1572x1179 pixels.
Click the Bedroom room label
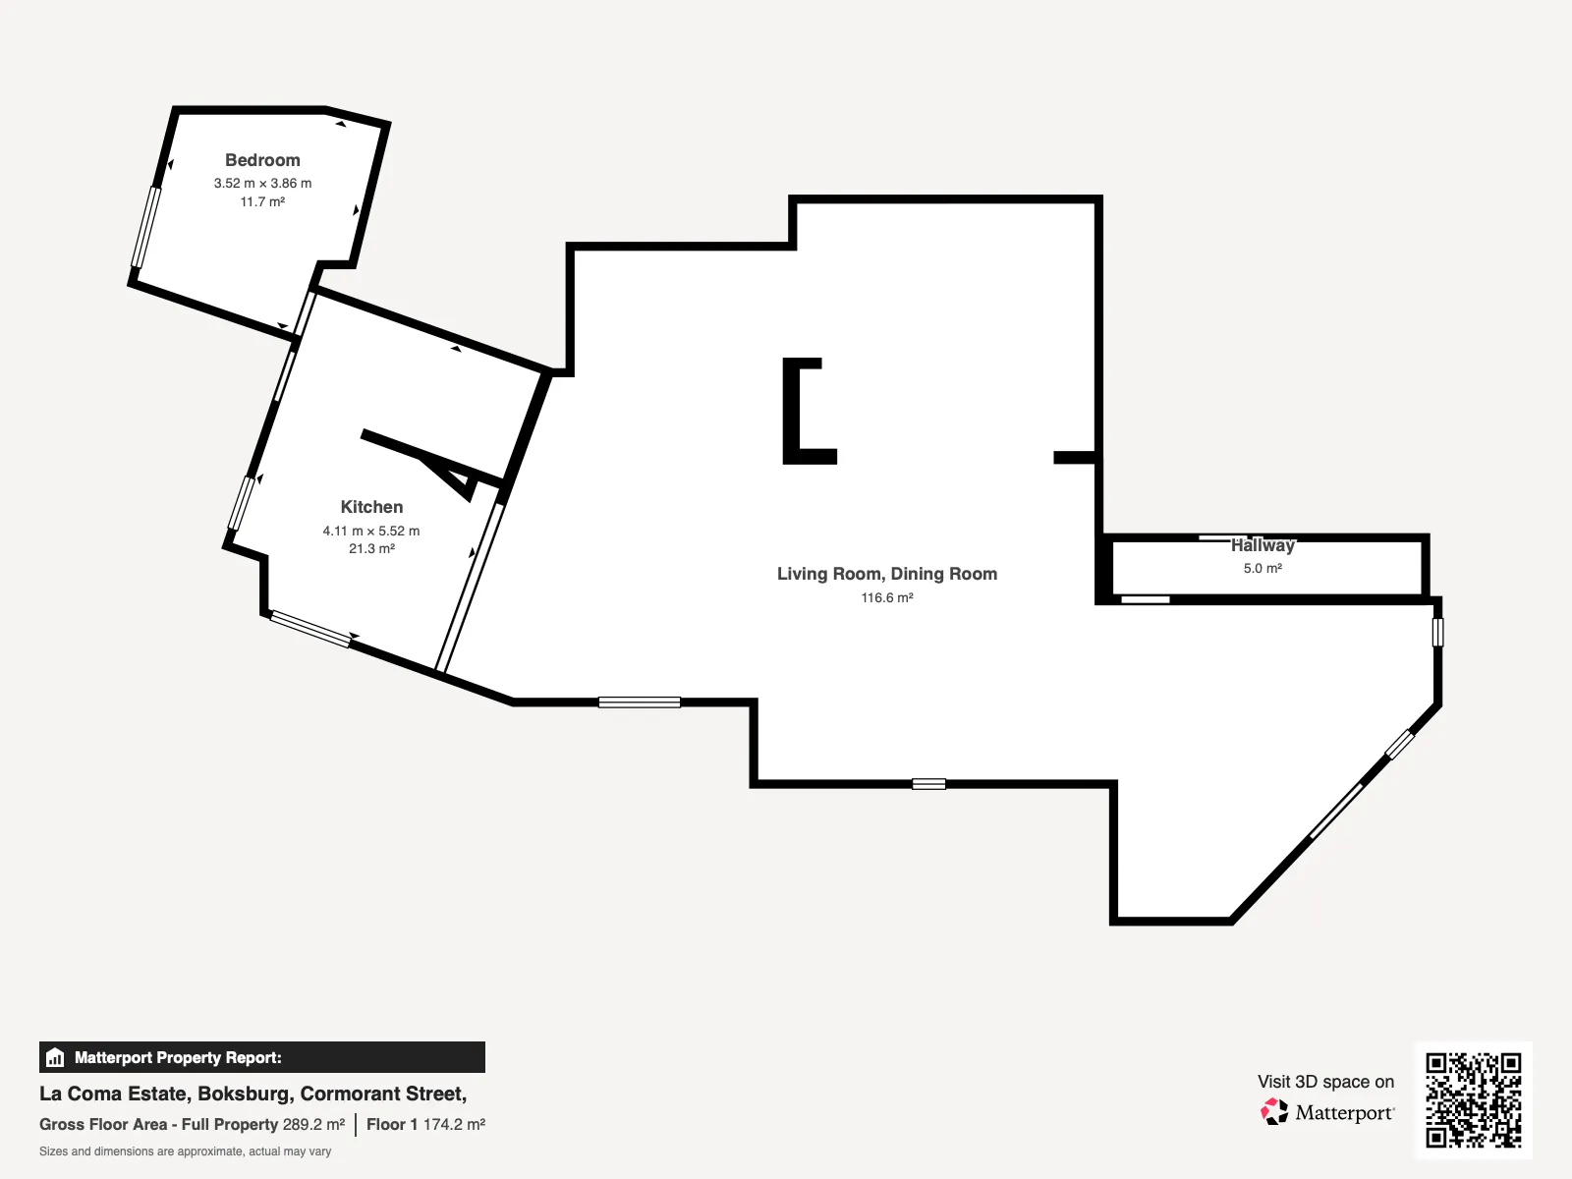click(x=262, y=160)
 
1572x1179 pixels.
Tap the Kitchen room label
click(x=371, y=507)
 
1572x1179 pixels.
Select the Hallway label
click(x=1263, y=545)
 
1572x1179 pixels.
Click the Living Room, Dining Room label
click(x=886, y=574)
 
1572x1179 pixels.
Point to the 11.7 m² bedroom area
click(x=262, y=201)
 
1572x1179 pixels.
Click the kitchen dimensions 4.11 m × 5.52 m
click(x=371, y=532)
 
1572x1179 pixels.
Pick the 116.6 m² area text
click(x=886, y=597)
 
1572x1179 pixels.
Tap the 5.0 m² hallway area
click(x=1263, y=569)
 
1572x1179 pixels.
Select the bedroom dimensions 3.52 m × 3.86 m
click(x=262, y=184)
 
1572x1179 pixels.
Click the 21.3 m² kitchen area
click(x=371, y=549)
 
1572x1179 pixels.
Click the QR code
click(x=1473, y=1099)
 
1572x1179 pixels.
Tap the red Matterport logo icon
click(x=1274, y=1112)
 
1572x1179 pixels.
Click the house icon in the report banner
click(x=55, y=1057)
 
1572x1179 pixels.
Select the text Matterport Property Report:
click(x=179, y=1058)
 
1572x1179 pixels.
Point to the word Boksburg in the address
click(x=245, y=1094)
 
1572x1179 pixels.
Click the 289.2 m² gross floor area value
click(x=313, y=1125)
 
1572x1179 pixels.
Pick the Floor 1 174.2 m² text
click(x=426, y=1125)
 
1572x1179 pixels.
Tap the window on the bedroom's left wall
click(x=145, y=227)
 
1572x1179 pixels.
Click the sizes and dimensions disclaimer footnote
click(x=185, y=1151)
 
